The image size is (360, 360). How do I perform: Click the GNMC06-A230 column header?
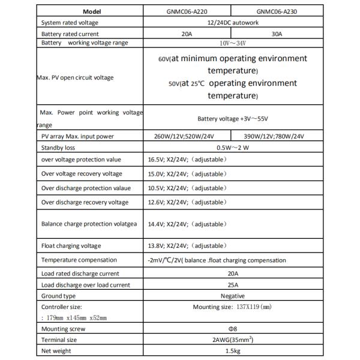pos(276,11)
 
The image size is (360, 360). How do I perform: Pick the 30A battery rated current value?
pos(276,34)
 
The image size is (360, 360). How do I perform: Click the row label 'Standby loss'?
pos(61,148)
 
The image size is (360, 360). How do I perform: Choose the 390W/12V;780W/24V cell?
pos(277,137)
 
